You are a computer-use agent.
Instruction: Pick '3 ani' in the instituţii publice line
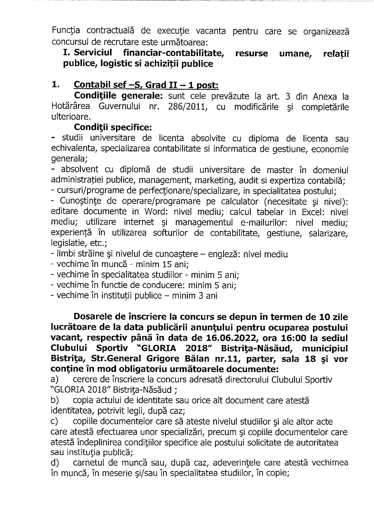click(x=207, y=296)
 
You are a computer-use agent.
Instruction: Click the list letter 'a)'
click(x=55, y=380)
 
